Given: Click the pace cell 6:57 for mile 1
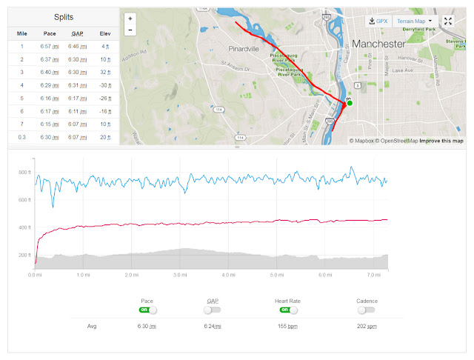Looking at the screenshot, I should click(49, 47).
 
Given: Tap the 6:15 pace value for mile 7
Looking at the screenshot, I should click(49, 124).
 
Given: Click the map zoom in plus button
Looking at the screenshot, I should click(130, 19).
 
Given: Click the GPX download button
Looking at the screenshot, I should click(378, 21).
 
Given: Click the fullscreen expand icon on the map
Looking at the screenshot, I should click(448, 21).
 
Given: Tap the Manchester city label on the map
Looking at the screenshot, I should click(379, 44).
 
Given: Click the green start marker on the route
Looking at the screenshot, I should click(350, 103).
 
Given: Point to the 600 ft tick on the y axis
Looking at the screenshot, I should click(25, 200).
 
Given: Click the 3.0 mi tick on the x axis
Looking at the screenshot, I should click(180, 274).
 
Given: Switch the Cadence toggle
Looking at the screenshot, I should click(366, 310).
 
